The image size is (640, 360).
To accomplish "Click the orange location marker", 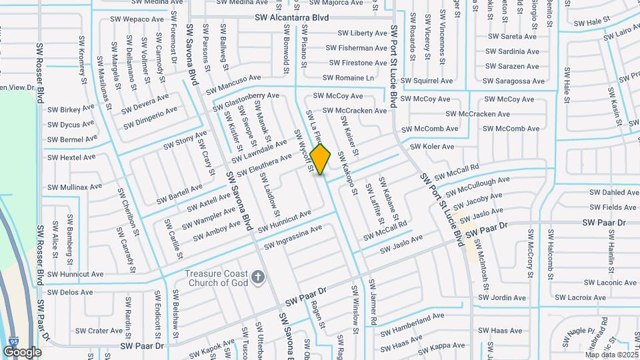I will (321, 159).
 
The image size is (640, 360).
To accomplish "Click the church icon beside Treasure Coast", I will (258, 276).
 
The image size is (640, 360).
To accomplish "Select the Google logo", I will (22, 352).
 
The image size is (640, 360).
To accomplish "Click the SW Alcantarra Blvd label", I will (292, 18).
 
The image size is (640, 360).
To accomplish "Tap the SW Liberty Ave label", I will (362, 33).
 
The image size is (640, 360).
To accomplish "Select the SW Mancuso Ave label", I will (233, 83).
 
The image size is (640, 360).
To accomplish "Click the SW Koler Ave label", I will (431, 147).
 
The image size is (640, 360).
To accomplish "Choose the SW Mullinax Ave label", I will (74, 187).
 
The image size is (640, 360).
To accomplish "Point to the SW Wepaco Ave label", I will (141, 20).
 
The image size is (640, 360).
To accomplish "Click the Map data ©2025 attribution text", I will (610, 355).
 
